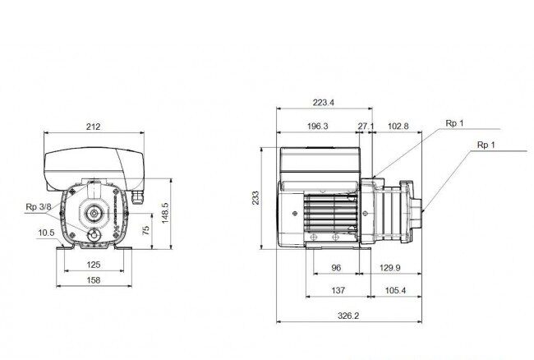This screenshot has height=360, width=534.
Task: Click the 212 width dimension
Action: coord(94,127)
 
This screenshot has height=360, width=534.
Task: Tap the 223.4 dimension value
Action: coord(324,103)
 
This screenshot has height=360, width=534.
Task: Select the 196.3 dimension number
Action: coord(318,127)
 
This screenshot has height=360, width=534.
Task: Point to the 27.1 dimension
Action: coord(366,127)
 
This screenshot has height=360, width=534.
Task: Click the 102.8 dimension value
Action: coord(398,127)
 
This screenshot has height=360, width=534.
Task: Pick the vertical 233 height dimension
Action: coord(255,197)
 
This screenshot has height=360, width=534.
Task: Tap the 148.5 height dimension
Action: coord(165,213)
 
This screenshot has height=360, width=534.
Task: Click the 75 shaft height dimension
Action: coord(145,230)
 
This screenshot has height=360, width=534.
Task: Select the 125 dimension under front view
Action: coord(94,265)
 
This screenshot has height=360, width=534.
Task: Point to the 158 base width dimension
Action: coord(94,280)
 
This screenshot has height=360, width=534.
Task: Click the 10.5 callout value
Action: coord(46,233)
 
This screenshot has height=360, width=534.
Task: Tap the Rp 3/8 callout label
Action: coord(39,207)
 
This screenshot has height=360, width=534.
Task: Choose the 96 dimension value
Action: coord(336,268)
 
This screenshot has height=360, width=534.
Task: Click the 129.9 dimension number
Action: coord(390,268)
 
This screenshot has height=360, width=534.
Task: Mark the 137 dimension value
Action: coord(338,290)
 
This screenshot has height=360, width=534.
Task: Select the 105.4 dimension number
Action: coord(395,290)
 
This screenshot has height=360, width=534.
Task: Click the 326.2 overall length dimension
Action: coord(348,316)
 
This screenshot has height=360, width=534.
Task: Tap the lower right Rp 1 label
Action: coord(486,145)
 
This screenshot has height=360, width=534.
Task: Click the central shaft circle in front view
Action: coord(93,214)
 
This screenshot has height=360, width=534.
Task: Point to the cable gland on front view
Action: coord(137,197)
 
